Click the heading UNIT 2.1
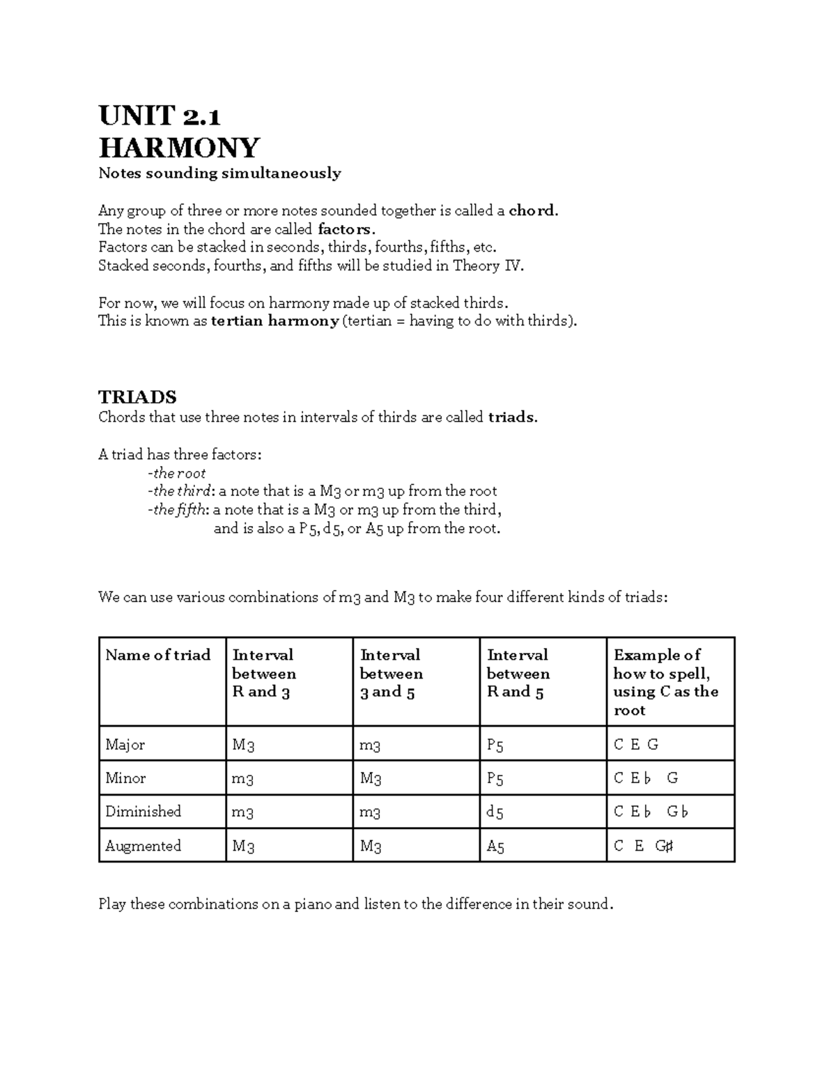(x=160, y=114)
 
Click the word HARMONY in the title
(x=179, y=147)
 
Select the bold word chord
(x=532, y=210)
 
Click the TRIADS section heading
(x=137, y=397)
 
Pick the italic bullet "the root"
(x=179, y=473)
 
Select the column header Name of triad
(x=157, y=655)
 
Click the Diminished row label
(x=143, y=812)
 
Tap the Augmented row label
(x=143, y=846)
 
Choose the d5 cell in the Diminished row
(x=495, y=812)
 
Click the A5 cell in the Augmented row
(x=495, y=847)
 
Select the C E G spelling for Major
(x=635, y=745)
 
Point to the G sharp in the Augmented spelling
(x=664, y=846)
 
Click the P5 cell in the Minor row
(x=495, y=778)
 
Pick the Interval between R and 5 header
(x=517, y=673)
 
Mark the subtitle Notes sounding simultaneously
(x=219, y=173)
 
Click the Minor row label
(x=125, y=778)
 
